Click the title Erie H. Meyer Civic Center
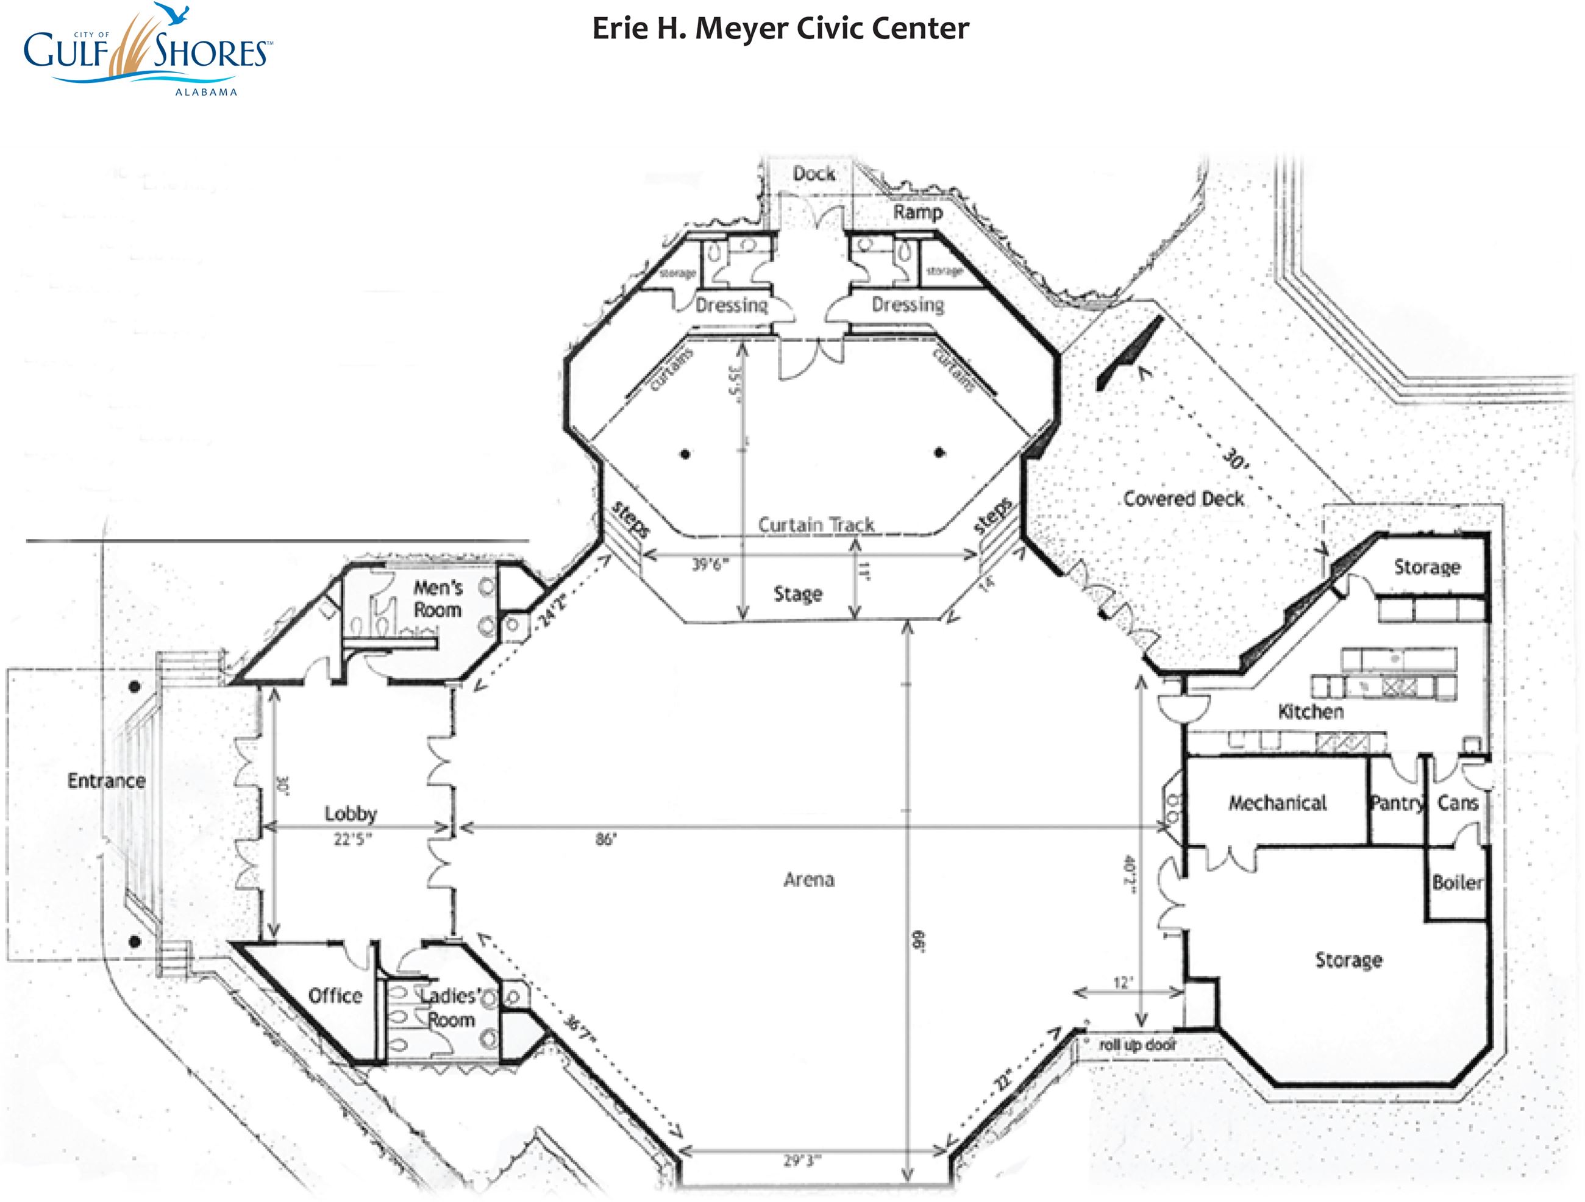click(x=780, y=29)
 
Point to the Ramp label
click(x=917, y=212)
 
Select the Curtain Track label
click(x=816, y=524)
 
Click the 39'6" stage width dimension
click(x=710, y=564)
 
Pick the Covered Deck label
click(x=1183, y=499)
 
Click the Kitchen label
click(x=1311, y=711)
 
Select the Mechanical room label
click(x=1278, y=803)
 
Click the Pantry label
click(x=1396, y=803)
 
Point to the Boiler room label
click(x=1457, y=883)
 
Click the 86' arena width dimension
click(x=605, y=839)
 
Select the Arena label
click(x=808, y=879)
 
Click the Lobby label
click(x=351, y=813)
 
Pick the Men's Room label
click(x=437, y=599)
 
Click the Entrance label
click(x=106, y=780)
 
